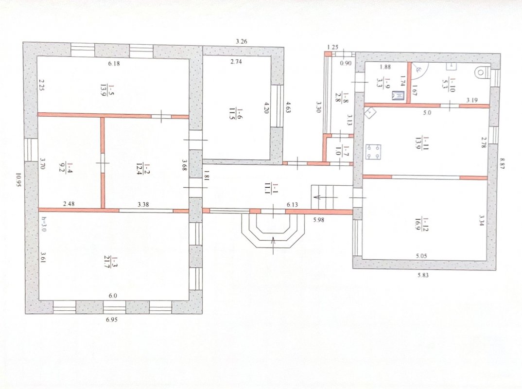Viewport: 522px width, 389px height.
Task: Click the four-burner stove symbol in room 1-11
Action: [373, 152]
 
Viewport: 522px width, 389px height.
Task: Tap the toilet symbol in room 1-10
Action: [482, 72]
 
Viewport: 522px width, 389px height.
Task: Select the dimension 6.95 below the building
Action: [112, 320]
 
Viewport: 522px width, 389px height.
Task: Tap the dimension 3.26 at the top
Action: [242, 42]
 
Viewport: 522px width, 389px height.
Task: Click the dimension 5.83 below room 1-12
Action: [423, 275]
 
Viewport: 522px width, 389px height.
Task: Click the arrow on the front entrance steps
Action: [274, 245]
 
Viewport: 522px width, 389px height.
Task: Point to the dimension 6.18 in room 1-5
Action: [114, 63]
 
